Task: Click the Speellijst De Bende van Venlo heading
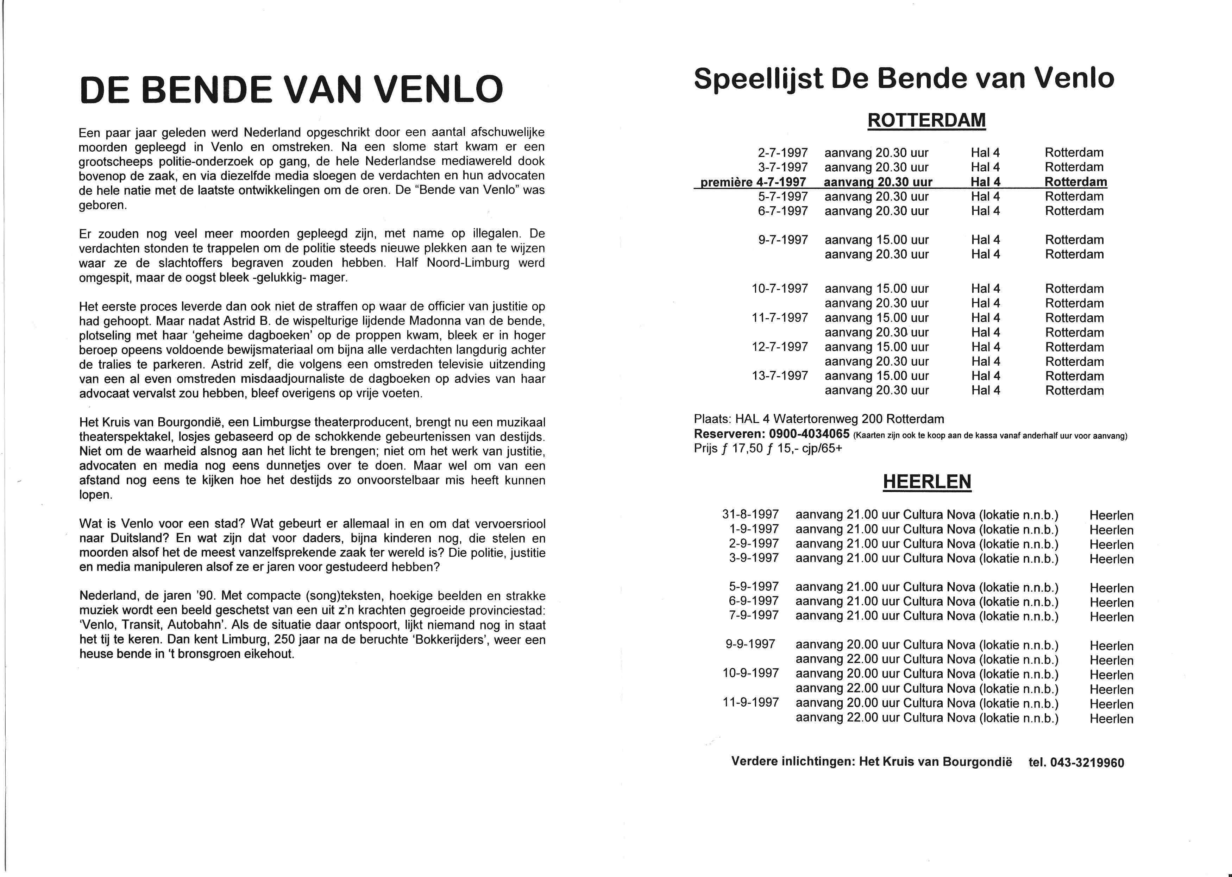click(904, 79)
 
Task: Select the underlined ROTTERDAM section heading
click(926, 120)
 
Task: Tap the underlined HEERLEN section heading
click(927, 481)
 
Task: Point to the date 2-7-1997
click(782, 153)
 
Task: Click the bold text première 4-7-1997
click(753, 182)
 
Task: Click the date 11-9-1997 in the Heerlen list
click(751, 702)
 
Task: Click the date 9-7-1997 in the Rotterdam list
click(782, 240)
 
